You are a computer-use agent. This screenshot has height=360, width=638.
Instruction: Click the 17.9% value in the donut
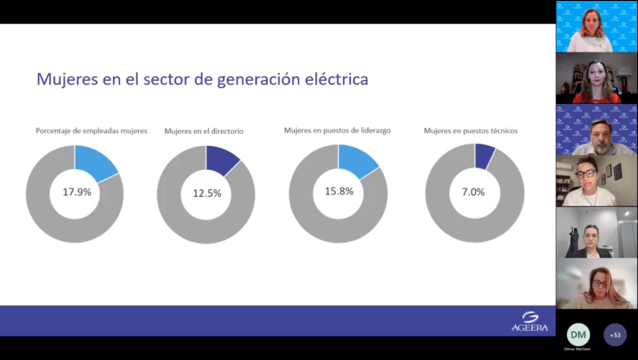click(x=77, y=192)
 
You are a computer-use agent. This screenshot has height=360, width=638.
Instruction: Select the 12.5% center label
click(x=207, y=194)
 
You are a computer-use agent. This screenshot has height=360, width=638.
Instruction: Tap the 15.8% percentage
click(x=339, y=191)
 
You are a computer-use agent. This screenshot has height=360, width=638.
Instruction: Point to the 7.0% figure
click(x=473, y=192)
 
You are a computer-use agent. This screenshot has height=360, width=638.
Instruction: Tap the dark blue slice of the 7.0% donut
click(x=484, y=154)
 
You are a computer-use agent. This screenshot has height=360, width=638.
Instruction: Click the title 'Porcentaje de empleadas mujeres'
click(x=91, y=130)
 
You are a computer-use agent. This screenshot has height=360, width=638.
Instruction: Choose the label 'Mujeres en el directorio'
click(x=204, y=131)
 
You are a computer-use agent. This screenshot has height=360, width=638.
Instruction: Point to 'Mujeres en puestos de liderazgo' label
click(x=338, y=130)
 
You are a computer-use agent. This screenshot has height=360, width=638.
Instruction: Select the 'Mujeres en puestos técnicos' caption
click(x=471, y=131)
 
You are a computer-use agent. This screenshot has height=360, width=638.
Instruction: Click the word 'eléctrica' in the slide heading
click(x=339, y=80)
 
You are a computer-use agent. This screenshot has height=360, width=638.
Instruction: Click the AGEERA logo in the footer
click(x=529, y=322)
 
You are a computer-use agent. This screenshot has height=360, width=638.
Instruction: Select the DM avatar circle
click(x=577, y=334)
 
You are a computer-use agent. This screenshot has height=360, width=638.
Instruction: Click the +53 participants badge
click(x=615, y=335)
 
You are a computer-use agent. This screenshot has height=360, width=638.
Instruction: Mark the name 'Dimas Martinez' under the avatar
click(x=577, y=349)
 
